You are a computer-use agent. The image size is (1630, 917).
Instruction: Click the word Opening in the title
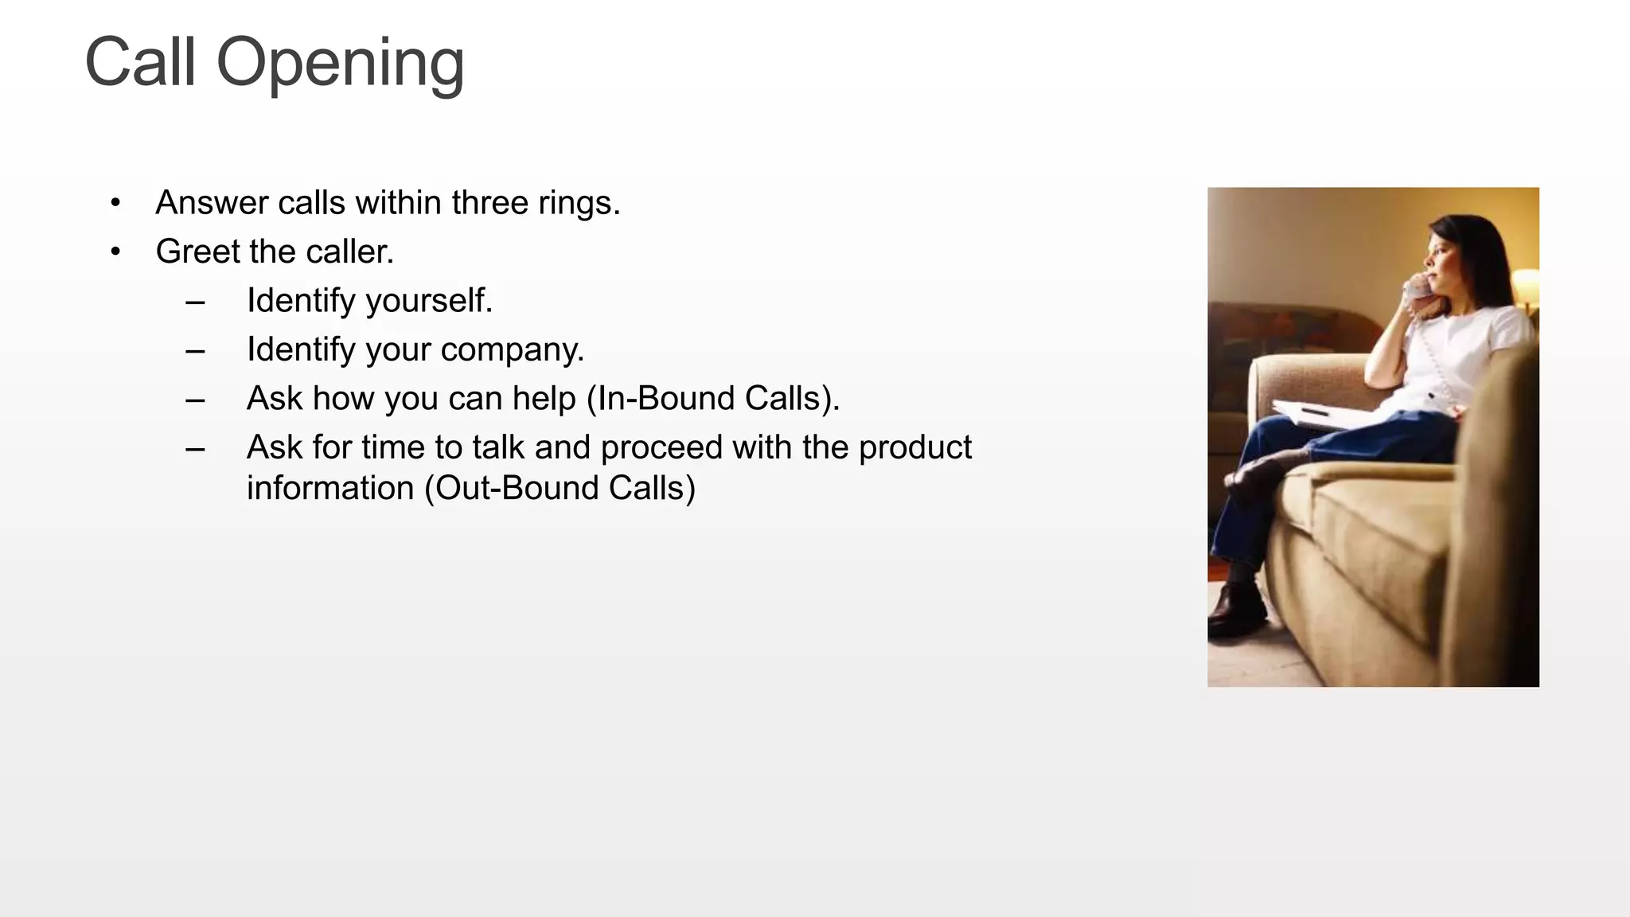click(x=340, y=64)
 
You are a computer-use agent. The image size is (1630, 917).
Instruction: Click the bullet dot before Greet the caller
click(x=116, y=252)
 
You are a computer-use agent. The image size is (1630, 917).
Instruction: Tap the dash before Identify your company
click(x=195, y=350)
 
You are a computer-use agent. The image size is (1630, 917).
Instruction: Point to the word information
click(x=330, y=488)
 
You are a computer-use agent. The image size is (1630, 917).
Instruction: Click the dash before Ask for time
click(x=195, y=448)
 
